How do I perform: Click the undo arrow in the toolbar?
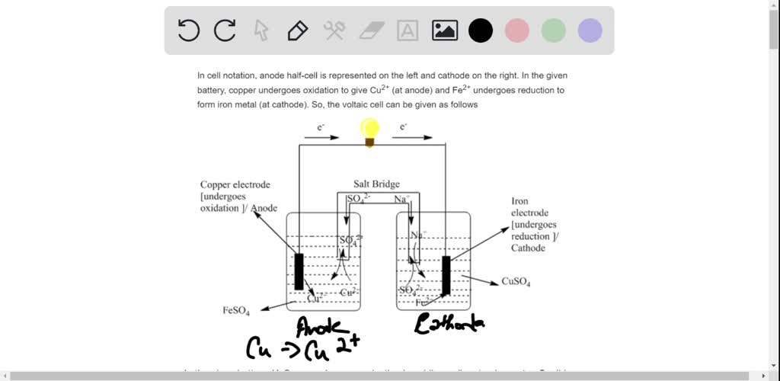(188, 30)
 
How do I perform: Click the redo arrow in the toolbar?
(225, 30)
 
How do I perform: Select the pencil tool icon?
(297, 30)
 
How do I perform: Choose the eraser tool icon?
(372, 30)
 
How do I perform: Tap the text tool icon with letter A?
(408, 30)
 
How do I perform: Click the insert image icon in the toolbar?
(445, 30)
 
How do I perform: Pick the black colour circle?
(481, 30)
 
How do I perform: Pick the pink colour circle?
(517, 30)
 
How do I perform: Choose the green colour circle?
(554, 30)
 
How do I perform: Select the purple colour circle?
(590, 30)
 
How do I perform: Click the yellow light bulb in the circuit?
(370, 131)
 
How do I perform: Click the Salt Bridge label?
(376, 184)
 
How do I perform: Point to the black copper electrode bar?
(299, 271)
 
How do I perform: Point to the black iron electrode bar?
(446, 275)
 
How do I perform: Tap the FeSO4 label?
(236, 310)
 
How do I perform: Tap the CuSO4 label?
(516, 282)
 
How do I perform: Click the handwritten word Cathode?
(449, 325)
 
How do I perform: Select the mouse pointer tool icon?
(261, 30)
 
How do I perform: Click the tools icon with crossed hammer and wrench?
(335, 30)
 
